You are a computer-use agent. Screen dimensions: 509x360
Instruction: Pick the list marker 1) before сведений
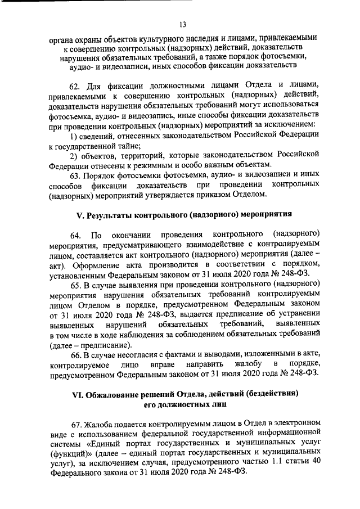click(73, 135)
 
